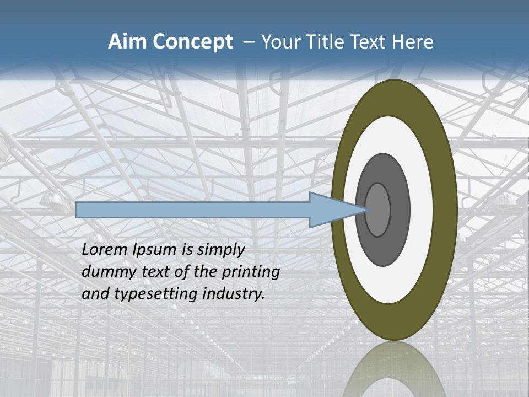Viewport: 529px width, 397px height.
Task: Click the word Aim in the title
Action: click(123, 42)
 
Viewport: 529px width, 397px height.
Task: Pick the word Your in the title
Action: click(280, 42)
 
